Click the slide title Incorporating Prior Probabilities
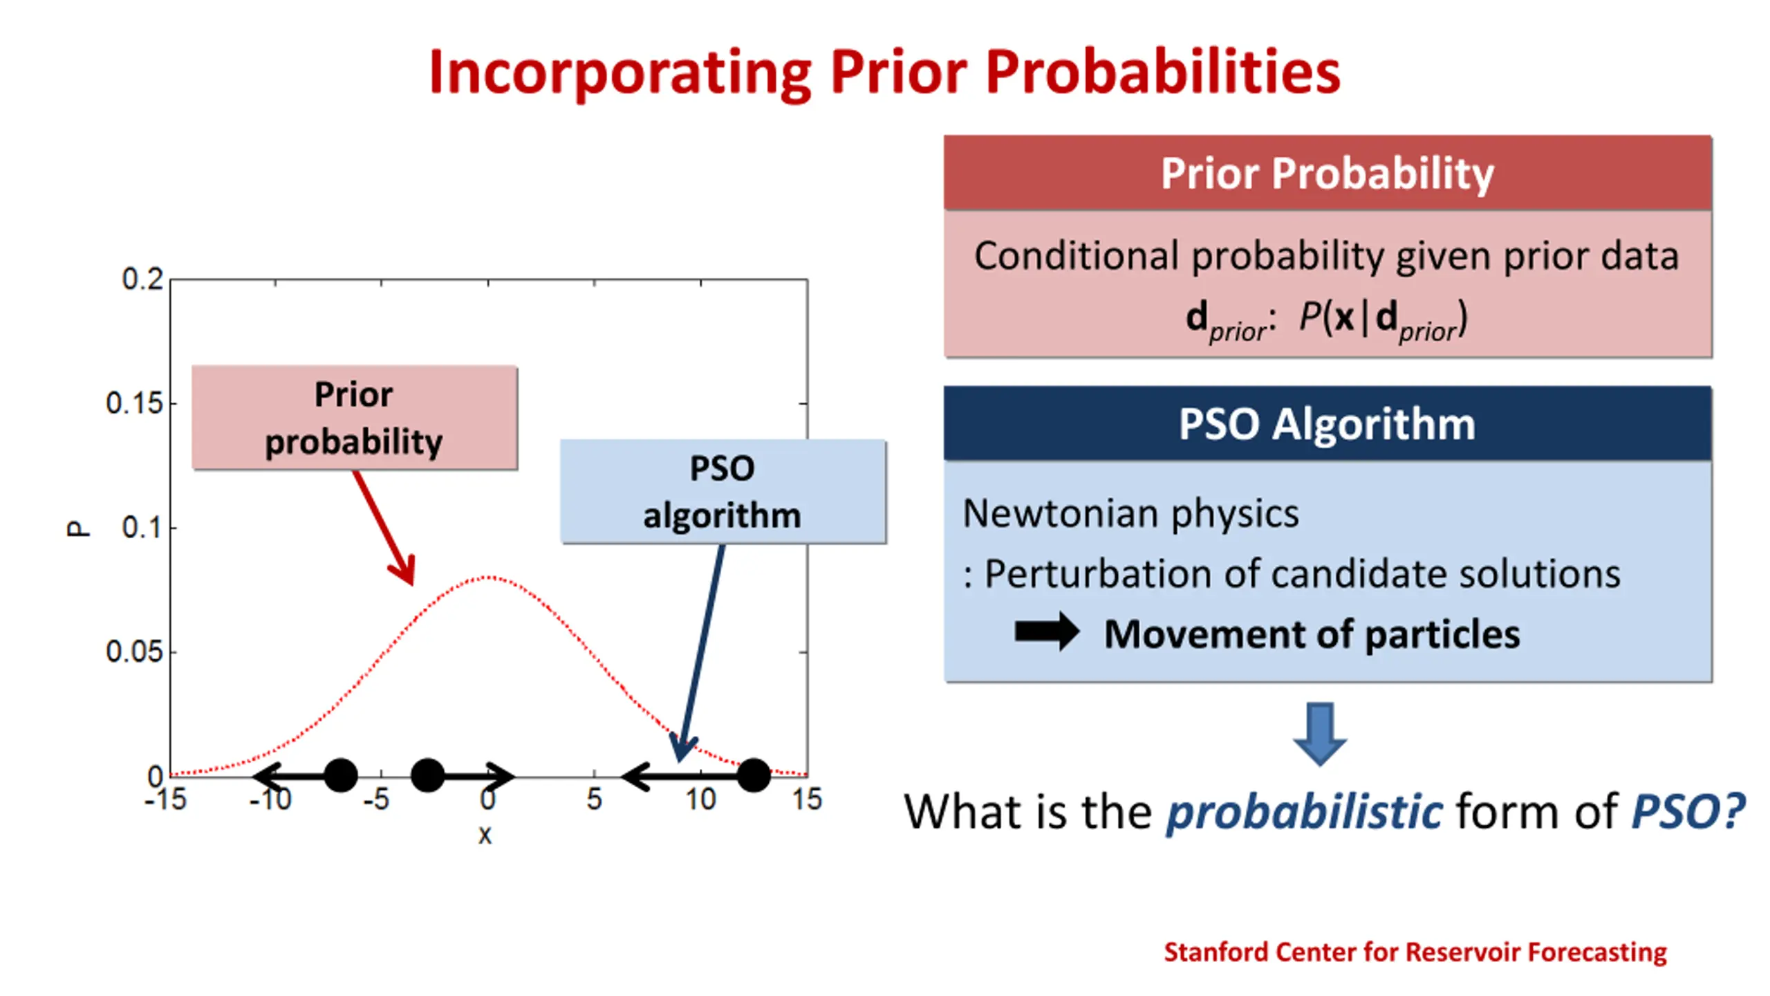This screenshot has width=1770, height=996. [884, 73]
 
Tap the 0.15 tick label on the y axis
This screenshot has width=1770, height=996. [135, 403]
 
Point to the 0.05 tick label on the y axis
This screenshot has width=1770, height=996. [135, 652]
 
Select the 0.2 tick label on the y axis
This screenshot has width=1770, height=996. [142, 279]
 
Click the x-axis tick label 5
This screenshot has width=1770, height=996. [594, 800]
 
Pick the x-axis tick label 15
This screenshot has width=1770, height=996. [806, 800]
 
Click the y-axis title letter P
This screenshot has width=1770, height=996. [78, 528]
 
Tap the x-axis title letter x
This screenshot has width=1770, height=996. [485, 835]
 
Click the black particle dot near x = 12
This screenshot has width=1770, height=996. [754, 775]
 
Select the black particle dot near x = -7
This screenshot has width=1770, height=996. [340, 775]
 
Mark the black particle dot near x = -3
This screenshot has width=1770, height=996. [427, 775]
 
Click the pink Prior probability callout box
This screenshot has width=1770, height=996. [355, 418]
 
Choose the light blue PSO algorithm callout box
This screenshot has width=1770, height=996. [723, 492]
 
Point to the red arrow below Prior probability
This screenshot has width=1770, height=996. [384, 528]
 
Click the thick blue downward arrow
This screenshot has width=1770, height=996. [1320, 734]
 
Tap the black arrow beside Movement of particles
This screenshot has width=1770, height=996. [1047, 632]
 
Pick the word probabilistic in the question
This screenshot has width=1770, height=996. [1305, 811]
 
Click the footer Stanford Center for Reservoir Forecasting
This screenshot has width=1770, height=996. [1415, 952]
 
